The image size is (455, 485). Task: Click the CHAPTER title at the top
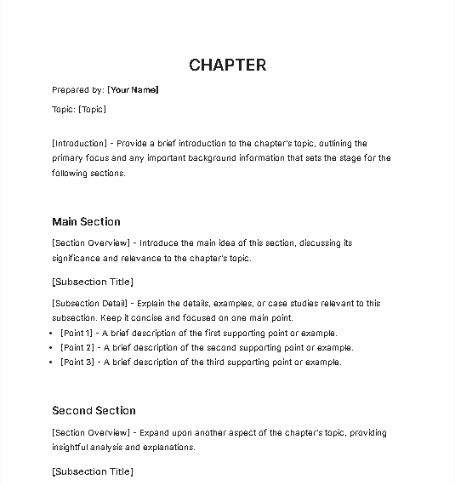click(x=227, y=65)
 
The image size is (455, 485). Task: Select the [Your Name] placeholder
click(x=133, y=89)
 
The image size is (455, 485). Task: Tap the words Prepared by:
click(x=78, y=89)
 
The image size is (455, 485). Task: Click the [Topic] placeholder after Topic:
click(x=92, y=109)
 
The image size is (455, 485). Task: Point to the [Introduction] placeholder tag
click(x=82, y=144)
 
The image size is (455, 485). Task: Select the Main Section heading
click(x=86, y=222)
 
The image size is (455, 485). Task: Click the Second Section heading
click(x=94, y=410)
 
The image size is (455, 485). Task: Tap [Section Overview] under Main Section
click(x=91, y=243)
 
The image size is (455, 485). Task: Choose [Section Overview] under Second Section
click(x=91, y=432)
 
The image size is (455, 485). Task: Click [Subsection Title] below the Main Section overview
click(x=93, y=282)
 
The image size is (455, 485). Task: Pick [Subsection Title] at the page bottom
click(x=93, y=471)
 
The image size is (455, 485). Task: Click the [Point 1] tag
click(x=77, y=334)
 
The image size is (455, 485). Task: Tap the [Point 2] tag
click(x=77, y=348)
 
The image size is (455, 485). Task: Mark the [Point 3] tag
click(x=77, y=362)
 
